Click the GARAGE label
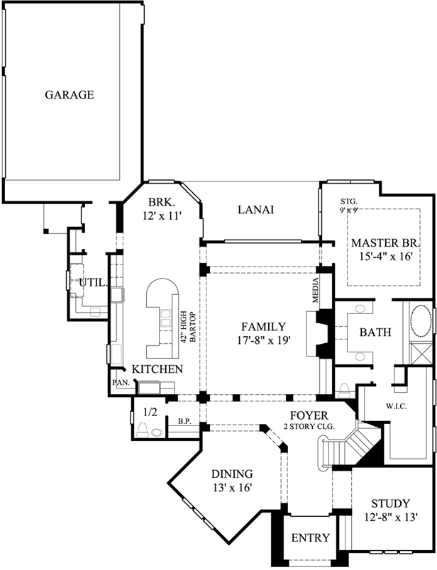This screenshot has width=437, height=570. coord(70,94)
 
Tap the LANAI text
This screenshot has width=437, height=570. coord(256,210)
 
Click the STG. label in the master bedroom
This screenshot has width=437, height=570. coord(348,201)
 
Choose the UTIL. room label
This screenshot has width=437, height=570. coord(92,282)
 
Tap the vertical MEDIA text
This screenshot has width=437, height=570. coord(316,291)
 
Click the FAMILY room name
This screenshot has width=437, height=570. coord(262,327)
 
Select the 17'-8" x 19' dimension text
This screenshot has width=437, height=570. coord(262,340)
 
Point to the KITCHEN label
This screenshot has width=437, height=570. coord(157,369)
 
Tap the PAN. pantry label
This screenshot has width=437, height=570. coord(118,383)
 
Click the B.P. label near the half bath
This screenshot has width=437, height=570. coord(184,421)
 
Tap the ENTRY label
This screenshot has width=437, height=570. coord(310,538)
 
